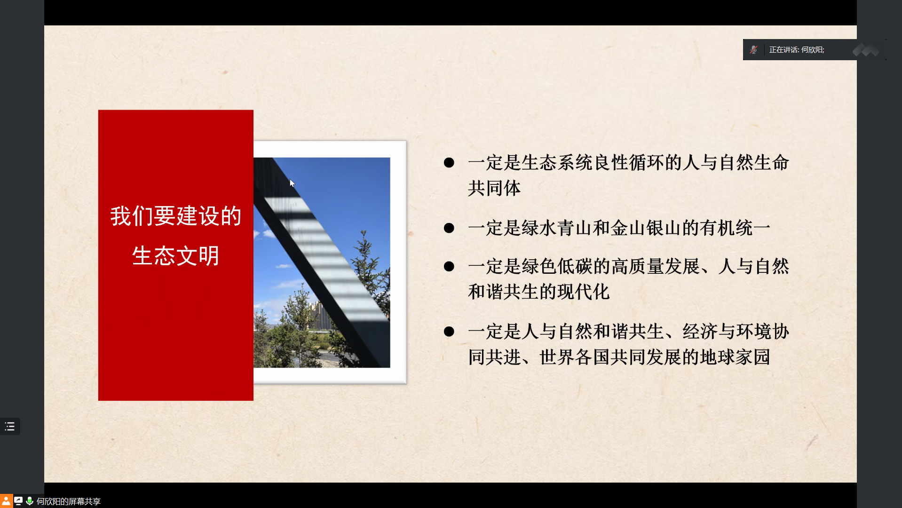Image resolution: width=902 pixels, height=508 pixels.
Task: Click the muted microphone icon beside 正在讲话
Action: click(753, 49)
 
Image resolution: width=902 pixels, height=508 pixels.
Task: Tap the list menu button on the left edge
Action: click(10, 427)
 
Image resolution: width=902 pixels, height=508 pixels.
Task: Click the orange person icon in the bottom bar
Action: click(6, 501)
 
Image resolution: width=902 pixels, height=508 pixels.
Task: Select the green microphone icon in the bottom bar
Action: click(30, 501)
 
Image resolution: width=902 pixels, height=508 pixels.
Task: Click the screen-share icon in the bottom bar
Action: click(18, 501)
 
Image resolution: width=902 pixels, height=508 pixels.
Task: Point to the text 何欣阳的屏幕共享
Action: click(69, 501)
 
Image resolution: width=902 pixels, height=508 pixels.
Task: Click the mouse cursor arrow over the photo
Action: click(292, 183)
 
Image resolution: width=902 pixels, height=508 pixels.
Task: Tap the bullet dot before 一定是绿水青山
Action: click(449, 229)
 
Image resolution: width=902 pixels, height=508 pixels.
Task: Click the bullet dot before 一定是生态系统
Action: click(449, 163)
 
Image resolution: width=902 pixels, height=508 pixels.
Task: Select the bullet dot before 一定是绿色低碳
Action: click(449, 267)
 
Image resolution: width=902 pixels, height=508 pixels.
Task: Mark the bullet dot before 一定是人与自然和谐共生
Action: click(449, 332)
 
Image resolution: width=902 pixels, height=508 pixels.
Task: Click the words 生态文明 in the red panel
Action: click(176, 256)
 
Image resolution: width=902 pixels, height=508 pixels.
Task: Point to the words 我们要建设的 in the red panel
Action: click(176, 216)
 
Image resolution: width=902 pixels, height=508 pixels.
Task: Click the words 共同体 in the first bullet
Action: click(494, 189)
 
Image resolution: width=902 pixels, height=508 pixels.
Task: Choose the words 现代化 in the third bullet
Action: click(583, 292)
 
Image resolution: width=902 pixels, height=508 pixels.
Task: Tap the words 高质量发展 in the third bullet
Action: click(656, 267)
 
